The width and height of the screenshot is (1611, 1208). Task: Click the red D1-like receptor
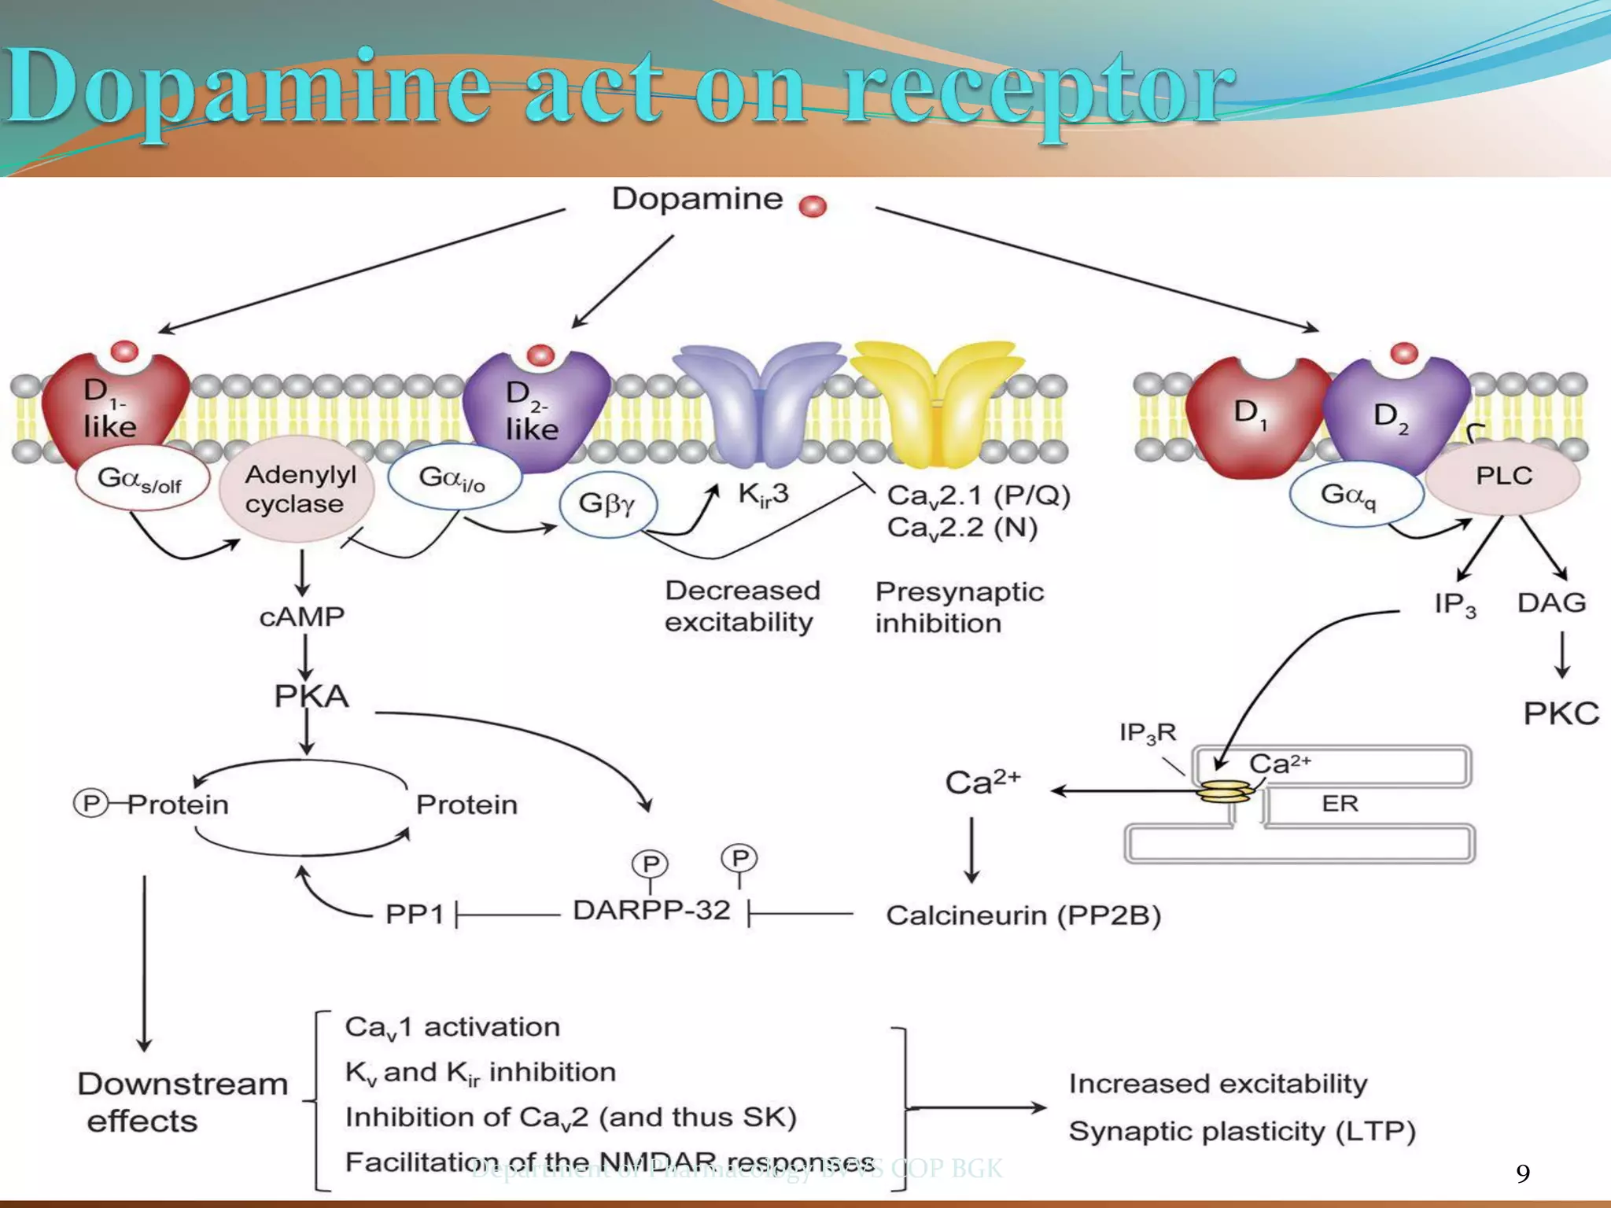tap(114, 409)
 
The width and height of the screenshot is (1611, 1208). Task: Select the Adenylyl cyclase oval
tap(297, 488)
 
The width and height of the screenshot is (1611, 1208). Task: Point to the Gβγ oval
tap(607, 503)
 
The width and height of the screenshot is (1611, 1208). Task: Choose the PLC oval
tap(1503, 477)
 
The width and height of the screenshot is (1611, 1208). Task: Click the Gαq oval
tap(1355, 495)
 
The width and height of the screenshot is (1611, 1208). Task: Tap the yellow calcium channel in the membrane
tap(938, 401)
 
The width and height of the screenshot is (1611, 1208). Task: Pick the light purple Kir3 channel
tap(759, 401)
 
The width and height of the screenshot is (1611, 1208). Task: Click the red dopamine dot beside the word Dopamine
tap(813, 206)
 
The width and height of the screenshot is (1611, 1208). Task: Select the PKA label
tap(312, 696)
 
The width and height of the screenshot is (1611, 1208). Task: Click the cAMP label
tap(302, 617)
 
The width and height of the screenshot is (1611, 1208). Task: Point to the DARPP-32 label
tap(651, 910)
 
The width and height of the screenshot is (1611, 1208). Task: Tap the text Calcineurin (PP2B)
tap(1023, 915)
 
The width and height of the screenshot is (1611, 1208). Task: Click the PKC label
tap(1561, 713)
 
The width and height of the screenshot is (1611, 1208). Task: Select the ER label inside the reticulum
tap(1340, 803)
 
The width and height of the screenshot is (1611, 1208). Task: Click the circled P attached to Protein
tap(90, 803)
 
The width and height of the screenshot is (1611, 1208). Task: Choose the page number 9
tap(1523, 1173)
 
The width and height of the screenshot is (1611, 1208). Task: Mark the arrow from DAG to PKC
tap(1562, 654)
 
